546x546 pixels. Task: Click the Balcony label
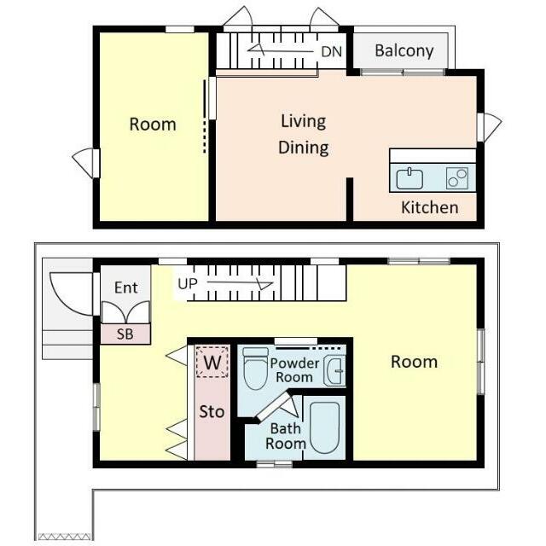point(404,51)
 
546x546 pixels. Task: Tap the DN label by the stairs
point(332,52)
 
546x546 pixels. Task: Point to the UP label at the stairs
point(188,284)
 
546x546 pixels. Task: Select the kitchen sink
point(409,178)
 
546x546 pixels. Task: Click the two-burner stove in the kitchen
point(457,178)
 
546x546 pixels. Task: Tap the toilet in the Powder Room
point(255,369)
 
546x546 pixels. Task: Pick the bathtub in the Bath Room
point(324,427)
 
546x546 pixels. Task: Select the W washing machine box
point(212,362)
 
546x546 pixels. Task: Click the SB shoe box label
point(125,334)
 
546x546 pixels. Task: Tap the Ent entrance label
point(125,288)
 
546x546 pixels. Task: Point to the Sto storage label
point(212,412)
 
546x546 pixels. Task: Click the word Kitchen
point(429,207)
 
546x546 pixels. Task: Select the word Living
point(304,122)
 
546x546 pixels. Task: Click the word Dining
point(304,148)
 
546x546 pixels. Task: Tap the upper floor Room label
point(153,125)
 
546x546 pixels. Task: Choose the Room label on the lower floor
point(414,362)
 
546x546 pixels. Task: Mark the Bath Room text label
point(286,436)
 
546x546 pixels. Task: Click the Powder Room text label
point(294,370)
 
